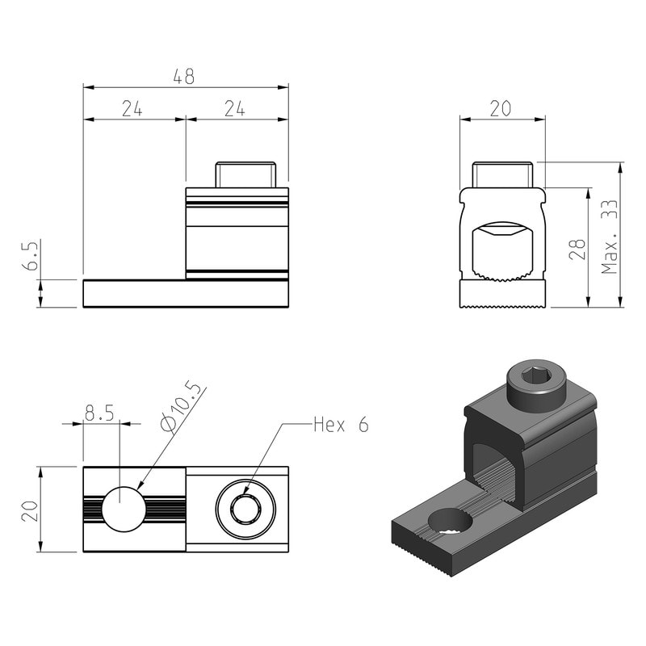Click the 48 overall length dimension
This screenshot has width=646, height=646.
[184, 77]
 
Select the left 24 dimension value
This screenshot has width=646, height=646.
[132, 109]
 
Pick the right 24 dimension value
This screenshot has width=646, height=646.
[235, 109]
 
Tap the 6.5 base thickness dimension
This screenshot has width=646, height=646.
[30, 254]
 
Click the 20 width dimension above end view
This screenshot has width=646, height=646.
[501, 109]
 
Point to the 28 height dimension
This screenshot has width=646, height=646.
[577, 250]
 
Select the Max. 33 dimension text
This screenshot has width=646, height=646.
[610, 237]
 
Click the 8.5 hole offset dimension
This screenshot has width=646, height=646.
[99, 413]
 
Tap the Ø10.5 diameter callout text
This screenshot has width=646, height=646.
[181, 406]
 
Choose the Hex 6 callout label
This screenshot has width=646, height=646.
[341, 425]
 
